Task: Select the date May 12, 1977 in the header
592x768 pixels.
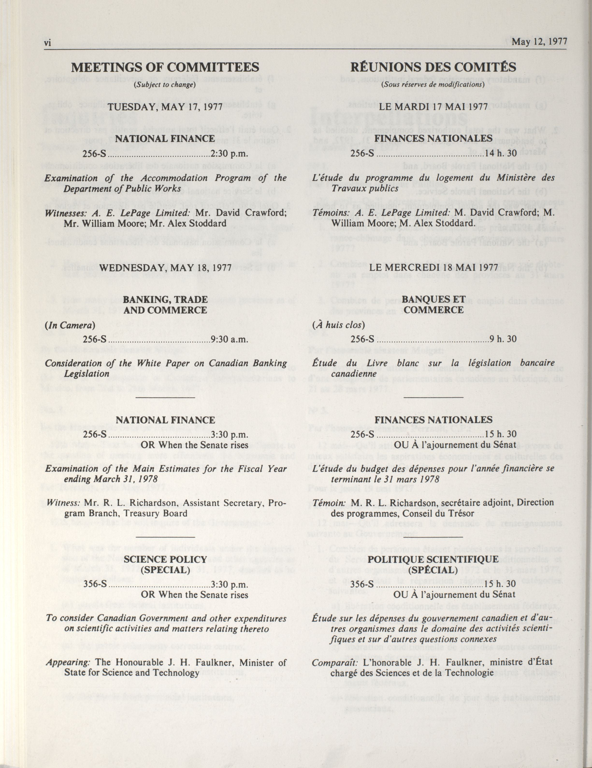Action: [x=539, y=42]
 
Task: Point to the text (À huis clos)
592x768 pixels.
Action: [x=338, y=325]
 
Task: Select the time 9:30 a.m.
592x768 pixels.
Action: [x=230, y=339]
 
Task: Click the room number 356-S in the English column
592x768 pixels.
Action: [x=94, y=584]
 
